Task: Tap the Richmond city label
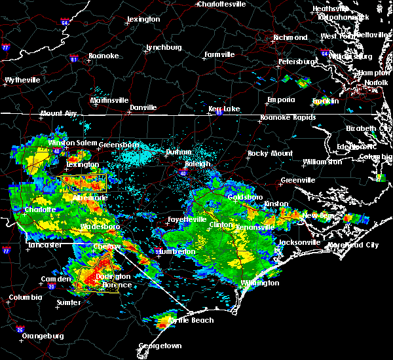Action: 290,37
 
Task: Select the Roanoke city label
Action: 104,56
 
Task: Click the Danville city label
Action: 143,107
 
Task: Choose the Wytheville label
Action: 22,80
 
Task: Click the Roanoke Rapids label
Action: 288,118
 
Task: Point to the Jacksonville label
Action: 299,242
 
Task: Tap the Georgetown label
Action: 160,346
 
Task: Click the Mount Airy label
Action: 60,113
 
